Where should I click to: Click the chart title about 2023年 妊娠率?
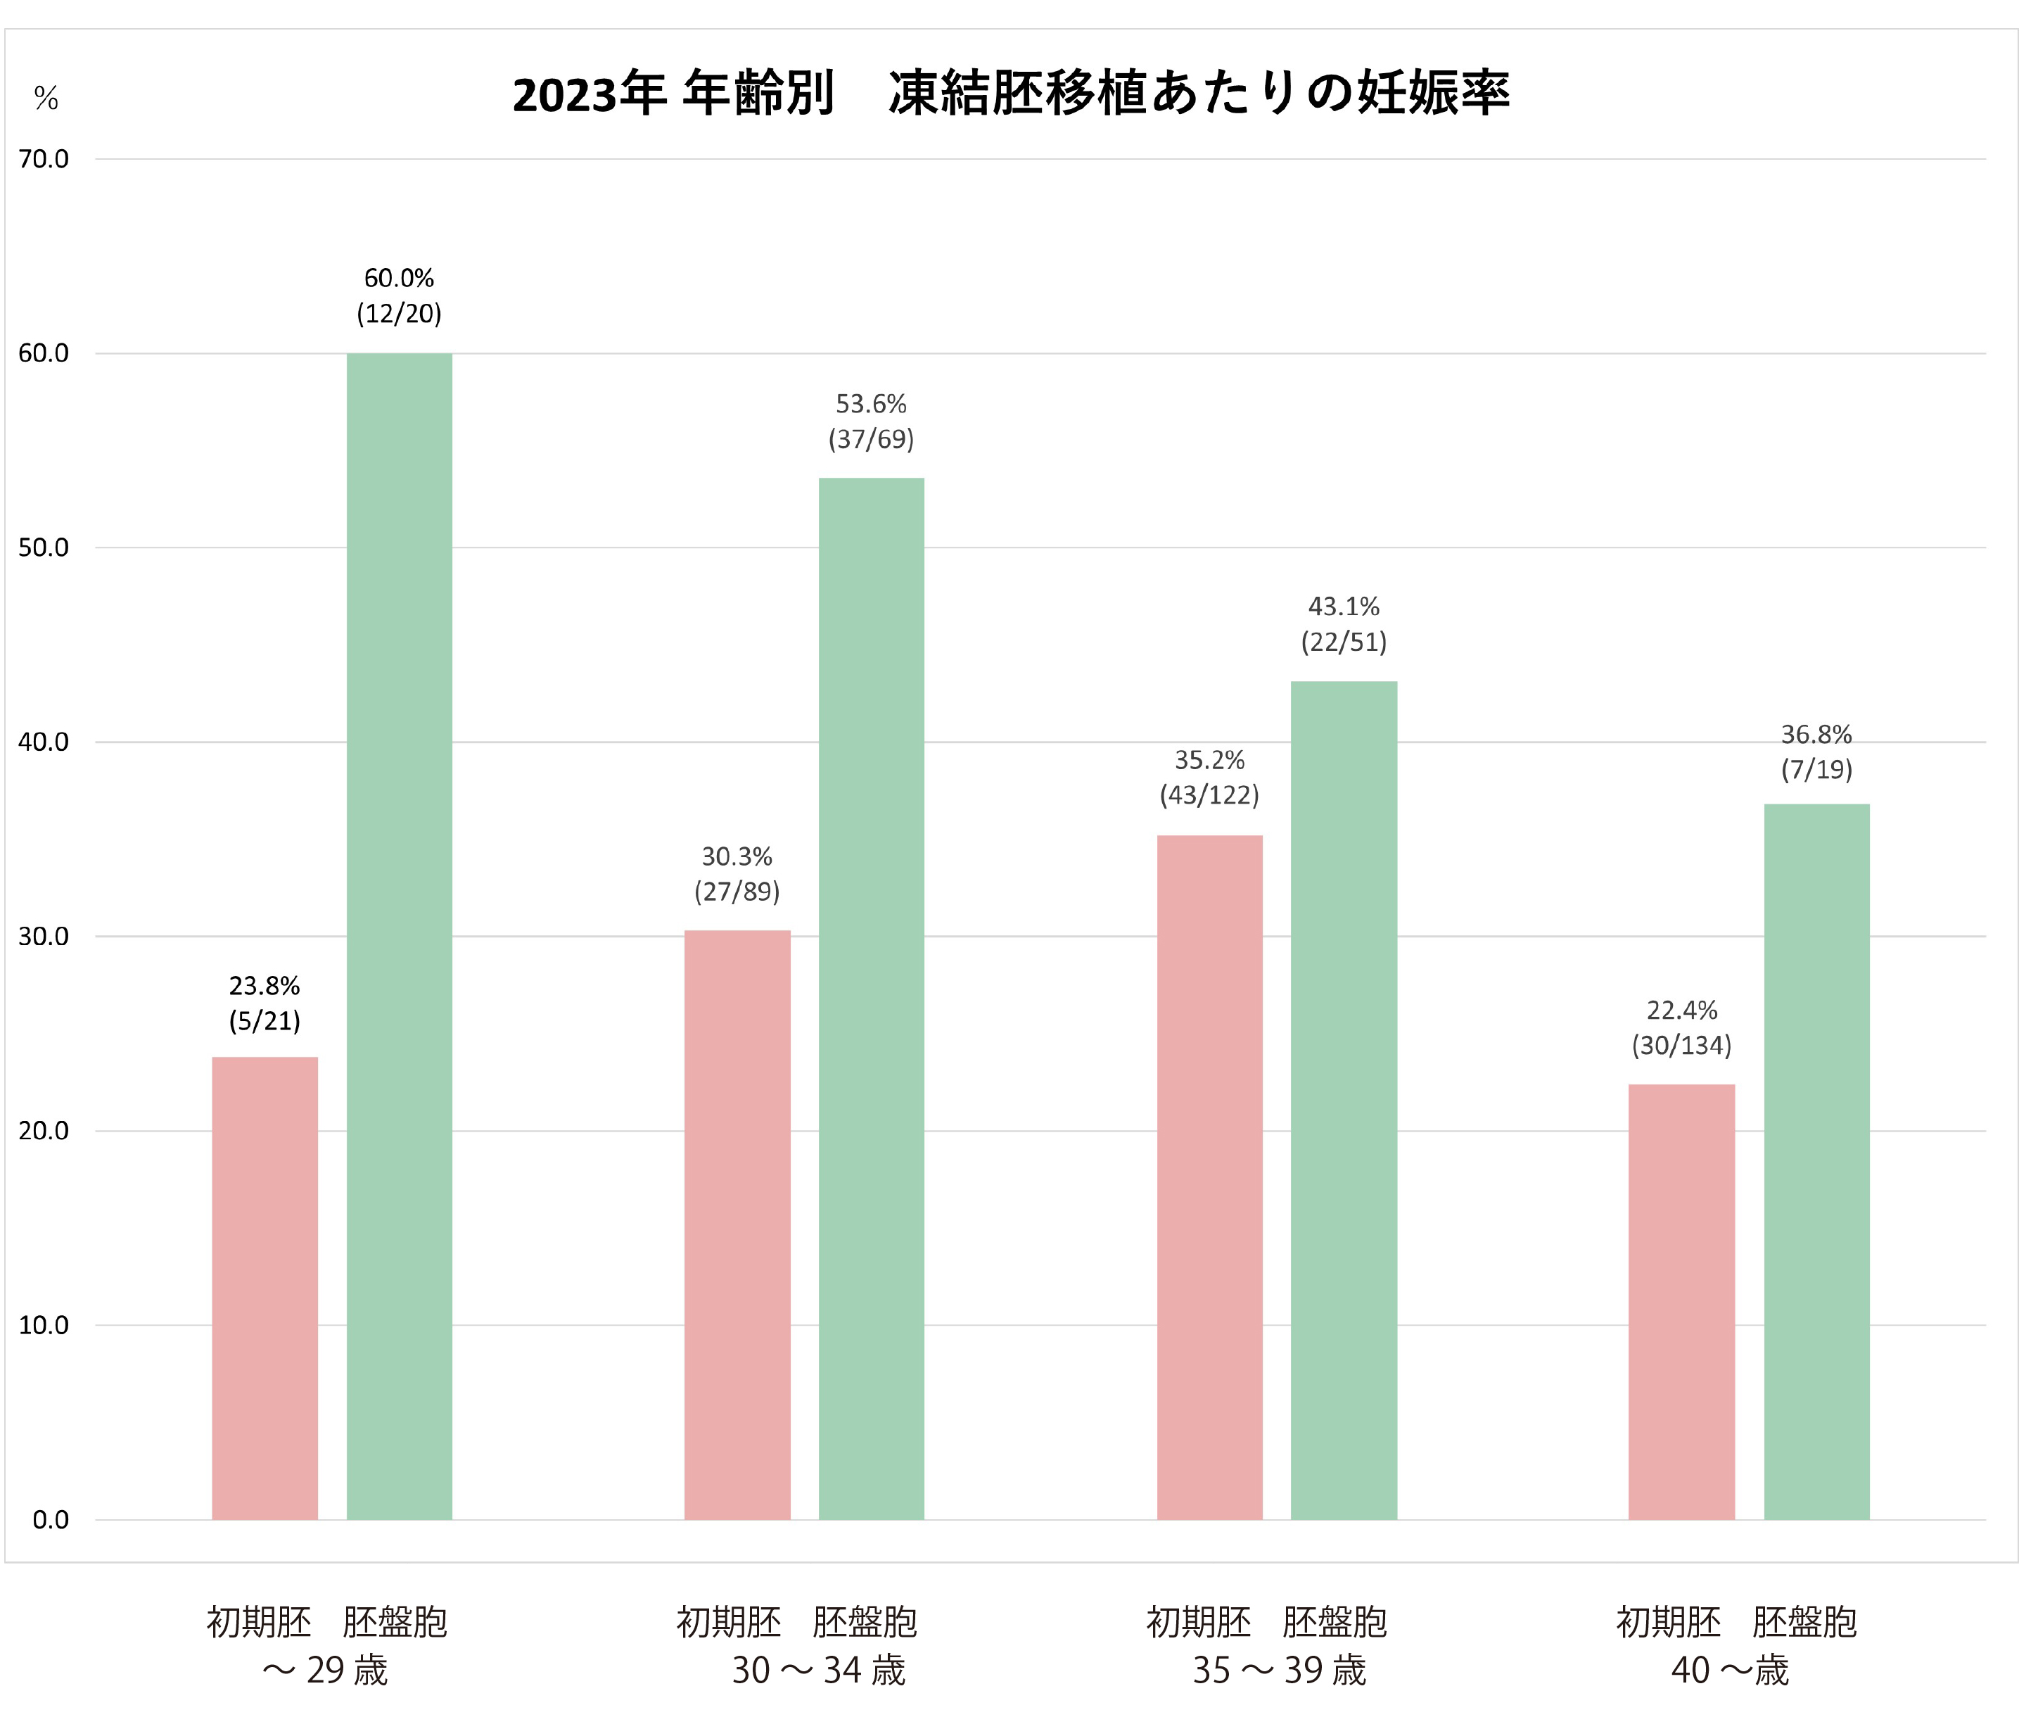pos(1010,94)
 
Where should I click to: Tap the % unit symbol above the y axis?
pos(46,99)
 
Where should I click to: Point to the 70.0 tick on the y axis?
pos(44,159)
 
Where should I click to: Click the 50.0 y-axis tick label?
pos(44,547)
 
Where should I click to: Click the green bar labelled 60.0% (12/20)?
pos(400,936)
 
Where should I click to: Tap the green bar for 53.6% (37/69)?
pos(871,998)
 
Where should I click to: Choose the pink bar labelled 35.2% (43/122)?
pos(1209,1177)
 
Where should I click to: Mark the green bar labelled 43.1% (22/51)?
pos(1344,1099)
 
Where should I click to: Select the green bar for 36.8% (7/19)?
pos(1816,1161)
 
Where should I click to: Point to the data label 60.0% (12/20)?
pos(400,296)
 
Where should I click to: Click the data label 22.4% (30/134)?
pos(1682,1027)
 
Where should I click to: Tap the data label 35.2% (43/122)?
pos(1209,777)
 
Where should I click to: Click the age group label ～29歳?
pos(326,1670)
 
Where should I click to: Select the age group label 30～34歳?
pos(819,1670)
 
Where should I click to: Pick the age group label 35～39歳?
pos(1280,1670)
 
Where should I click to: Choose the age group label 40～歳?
pos(1731,1670)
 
